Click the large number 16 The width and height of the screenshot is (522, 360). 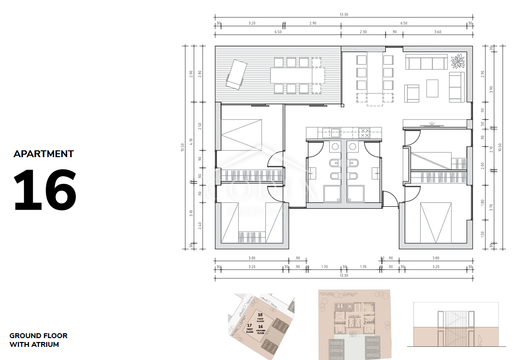45,189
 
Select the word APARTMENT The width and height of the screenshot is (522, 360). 44,154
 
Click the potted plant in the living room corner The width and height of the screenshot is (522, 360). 458,62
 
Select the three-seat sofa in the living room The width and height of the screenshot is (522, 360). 427,62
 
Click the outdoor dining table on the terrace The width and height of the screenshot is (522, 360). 292,75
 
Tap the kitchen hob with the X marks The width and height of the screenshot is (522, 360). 365,132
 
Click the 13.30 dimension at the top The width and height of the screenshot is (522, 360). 344,15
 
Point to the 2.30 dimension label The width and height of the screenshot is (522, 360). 363,32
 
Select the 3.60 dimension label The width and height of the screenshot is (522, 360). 437,32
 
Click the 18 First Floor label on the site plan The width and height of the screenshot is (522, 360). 260,317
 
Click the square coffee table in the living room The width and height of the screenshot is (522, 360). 432,88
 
